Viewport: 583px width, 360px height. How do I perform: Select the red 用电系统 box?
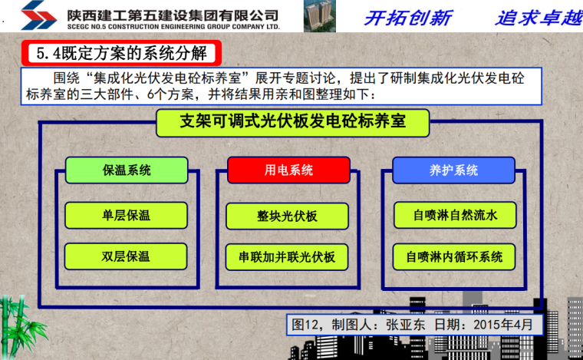(289, 170)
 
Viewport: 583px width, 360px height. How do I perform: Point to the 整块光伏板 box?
(288, 216)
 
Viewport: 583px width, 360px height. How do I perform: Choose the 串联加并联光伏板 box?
(288, 256)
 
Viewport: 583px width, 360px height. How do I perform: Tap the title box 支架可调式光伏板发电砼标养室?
(292, 123)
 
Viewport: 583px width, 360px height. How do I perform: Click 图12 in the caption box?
(307, 324)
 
